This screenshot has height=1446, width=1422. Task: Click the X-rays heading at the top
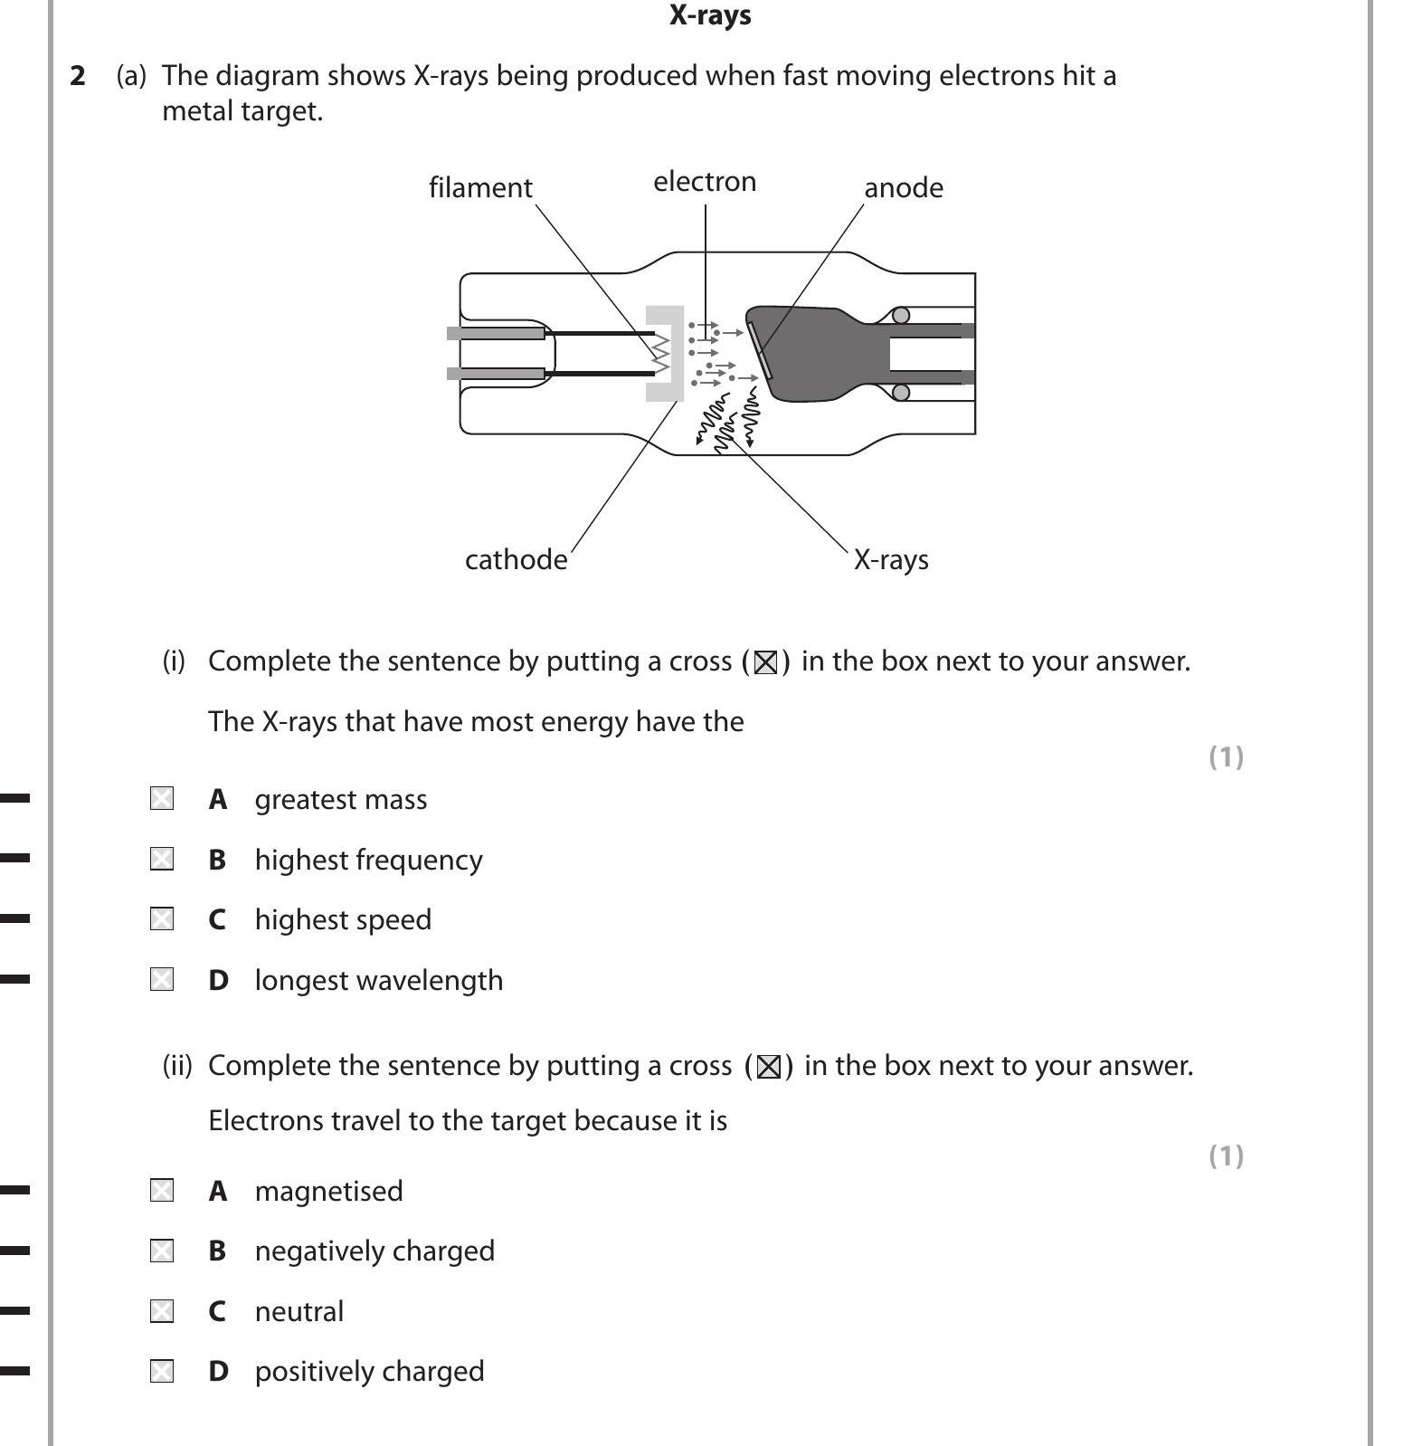[x=710, y=15]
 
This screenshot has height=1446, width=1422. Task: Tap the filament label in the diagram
[x=480, y=187]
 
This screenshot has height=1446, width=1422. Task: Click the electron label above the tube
[x=705, y=182]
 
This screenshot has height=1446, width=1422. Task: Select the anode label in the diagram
[x=903, y=187]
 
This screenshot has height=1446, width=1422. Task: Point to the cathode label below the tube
[x=516, y=559]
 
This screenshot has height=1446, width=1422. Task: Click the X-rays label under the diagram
[x=891, y=559]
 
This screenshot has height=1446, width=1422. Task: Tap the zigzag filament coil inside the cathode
[x=661, y=353]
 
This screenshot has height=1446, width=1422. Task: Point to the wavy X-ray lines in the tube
[x=728, y=418]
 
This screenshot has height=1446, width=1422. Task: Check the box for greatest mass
[x=162, y=798]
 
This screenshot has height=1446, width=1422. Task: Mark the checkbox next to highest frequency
[x=162, y=859]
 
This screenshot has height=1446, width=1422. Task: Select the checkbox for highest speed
[x=162, y=919]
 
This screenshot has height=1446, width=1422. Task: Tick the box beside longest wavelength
[x=162, y=979]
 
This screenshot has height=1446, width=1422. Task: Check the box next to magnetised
[x=162, y=1190]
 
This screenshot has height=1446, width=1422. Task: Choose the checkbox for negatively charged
[x=162, y=1251]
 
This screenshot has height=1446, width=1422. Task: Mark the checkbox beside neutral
[x=162, y=1311]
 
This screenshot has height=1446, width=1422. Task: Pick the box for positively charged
[x=162, y=1372]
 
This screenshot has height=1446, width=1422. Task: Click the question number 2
[x=78, y=76]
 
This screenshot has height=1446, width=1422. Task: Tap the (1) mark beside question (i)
[x=1226, y=756]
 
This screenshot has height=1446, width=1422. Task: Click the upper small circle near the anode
[x=901, y=315]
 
